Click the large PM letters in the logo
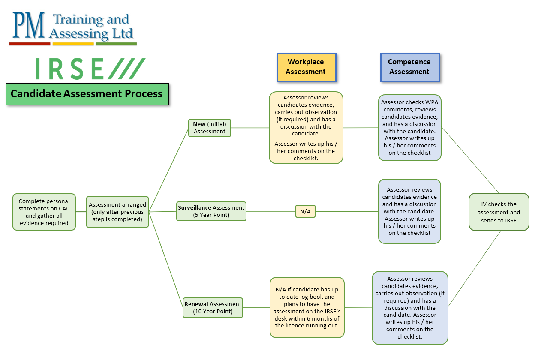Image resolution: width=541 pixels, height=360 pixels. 29,26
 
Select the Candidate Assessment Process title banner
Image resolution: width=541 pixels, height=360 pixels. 87,94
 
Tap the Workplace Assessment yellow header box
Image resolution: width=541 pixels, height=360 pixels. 306,67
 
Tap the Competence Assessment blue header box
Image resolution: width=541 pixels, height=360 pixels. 409,67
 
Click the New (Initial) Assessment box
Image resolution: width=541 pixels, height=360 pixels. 210,128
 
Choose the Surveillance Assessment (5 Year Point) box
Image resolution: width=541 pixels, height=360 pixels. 211,211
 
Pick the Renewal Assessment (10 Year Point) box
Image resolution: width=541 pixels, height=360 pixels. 213,308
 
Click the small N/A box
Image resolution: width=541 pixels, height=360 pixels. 305,211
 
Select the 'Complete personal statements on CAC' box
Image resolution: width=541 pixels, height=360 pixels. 44,212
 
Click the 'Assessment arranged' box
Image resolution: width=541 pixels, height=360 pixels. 117,212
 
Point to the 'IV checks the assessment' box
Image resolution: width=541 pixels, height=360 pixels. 499,212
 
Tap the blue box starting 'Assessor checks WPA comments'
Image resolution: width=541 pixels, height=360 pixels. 410,128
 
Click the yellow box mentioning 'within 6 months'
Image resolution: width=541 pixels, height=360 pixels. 307,307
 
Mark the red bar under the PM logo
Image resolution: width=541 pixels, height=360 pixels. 30,44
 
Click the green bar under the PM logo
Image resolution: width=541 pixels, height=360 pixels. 116,44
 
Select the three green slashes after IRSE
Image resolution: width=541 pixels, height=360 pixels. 126,69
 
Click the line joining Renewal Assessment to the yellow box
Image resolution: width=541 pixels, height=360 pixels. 256,308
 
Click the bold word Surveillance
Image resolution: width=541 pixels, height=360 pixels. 195,208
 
